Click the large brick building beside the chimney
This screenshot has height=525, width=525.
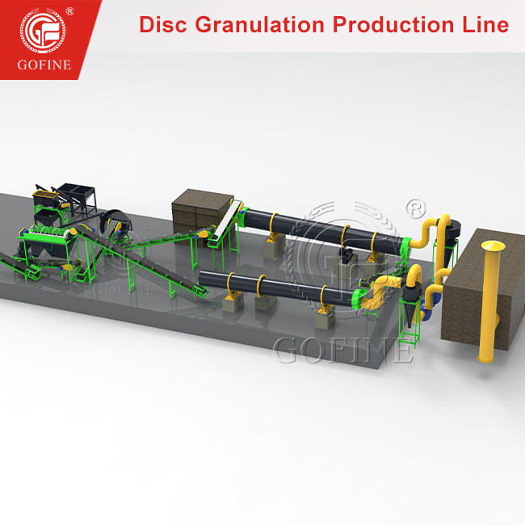tap(477, 299)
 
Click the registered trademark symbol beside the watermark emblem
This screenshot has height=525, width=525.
tap(414, 208)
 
